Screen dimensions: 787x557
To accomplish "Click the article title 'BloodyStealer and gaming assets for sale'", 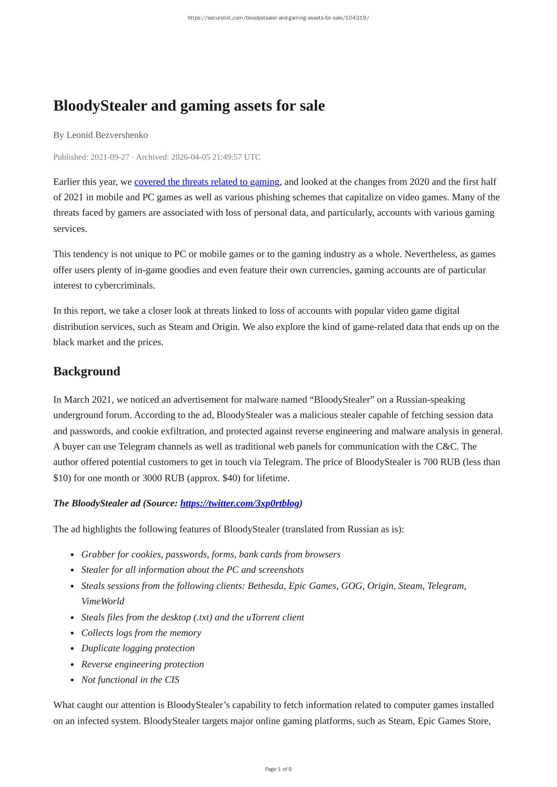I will [x=189, y=106].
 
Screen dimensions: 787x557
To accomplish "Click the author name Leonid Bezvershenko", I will [x=107, y=135].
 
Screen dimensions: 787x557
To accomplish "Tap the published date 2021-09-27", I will [x=109, y=157].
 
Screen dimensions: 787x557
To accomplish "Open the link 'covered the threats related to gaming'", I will [x=207, y=182].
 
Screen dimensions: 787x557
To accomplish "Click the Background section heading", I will [x=87, y=372].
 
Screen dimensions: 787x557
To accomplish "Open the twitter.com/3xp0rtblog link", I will [x=239, y=503].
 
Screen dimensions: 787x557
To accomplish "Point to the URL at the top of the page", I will [x=278, y=18].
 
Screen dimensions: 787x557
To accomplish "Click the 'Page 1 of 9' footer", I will [x=278, y=769].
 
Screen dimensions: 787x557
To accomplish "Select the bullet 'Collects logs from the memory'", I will [x=141, y=633].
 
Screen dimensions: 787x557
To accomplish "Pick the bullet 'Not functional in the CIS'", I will [x=130, y=680].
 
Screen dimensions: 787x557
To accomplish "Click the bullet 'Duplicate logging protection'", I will [x=138, y=649].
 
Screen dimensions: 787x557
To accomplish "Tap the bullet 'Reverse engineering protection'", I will [x=142, y=664].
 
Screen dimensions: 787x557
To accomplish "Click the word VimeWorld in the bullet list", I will [x=103, y=601].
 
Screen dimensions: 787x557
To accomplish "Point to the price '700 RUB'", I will [x=441, y=462].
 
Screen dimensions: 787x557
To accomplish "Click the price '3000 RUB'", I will [x=159, y=478].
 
